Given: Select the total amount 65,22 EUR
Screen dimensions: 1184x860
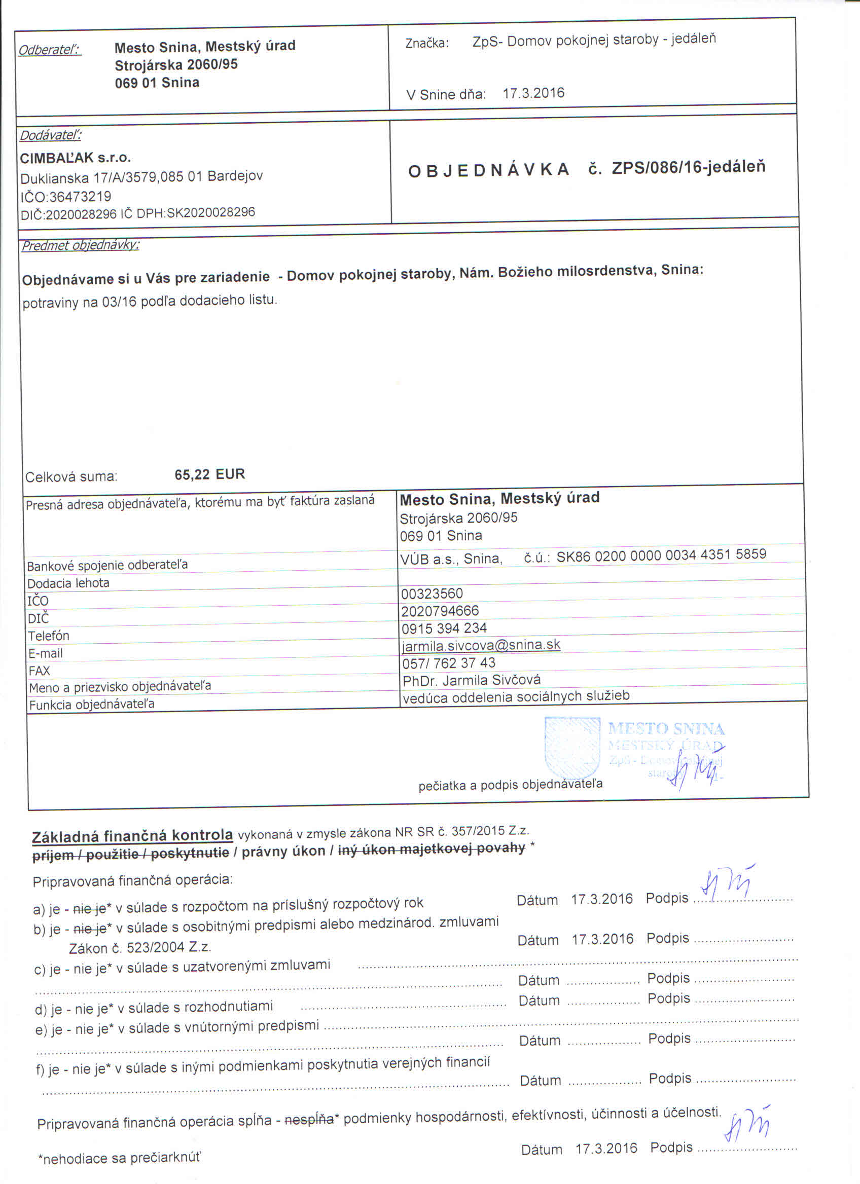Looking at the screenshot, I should coord(209,474).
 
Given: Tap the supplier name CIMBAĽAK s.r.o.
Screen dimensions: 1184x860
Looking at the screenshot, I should coord(75,158).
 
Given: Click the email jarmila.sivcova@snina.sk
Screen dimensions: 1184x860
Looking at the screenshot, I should coord(481,646).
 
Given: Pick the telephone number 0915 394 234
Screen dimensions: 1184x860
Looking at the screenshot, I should coord(444,628).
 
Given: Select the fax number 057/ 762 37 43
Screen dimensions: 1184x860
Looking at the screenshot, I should coord(449,663).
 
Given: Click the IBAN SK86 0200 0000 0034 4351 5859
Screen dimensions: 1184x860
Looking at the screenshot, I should coord(661,555).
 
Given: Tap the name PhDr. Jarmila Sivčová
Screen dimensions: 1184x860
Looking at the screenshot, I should coord(472,680).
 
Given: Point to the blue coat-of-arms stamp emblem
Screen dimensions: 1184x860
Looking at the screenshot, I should coord(572,748).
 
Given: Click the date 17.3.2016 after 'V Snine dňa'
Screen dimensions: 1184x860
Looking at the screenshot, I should coord(533,93).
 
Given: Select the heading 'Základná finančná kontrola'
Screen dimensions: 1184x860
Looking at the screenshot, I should coord(132,836).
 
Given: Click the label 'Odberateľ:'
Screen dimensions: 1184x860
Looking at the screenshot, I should coord(50,50).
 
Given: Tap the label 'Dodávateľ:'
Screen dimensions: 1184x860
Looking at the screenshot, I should coord(51,136).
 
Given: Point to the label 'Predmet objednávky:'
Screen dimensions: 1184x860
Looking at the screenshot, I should coord(80,245).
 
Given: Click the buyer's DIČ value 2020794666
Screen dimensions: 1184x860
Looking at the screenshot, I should coord(440,611).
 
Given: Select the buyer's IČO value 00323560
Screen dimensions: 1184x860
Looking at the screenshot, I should coord(432,594).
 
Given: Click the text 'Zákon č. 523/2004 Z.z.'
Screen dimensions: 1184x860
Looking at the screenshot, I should coord(140,947).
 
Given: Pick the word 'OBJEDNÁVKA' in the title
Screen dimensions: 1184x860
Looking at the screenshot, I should coord(488,171).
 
